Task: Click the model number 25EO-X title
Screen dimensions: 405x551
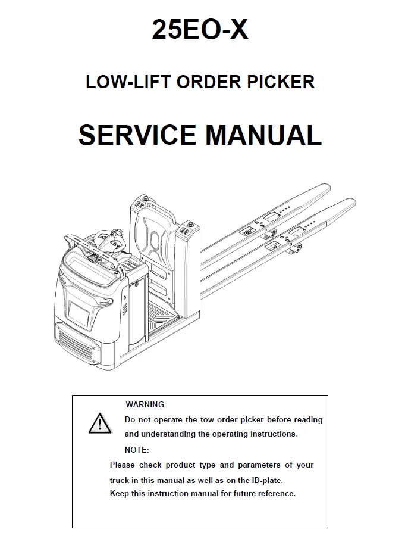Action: click(x=200, y=30)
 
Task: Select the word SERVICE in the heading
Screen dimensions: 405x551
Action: click(x=137, y=135)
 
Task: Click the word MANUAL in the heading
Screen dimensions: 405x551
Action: click(x=263, y=135)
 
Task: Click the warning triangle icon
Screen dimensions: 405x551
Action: click(x=100, y=424)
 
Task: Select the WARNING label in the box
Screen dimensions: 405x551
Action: click(x=145, y=404)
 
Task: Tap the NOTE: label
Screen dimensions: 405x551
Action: click(x=137, y=450)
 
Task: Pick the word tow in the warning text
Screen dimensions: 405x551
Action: click(x=207, y=419)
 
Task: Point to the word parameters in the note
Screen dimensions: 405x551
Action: click(x=259, y=465)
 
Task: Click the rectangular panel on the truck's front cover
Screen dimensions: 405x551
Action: click(x=79, y=313)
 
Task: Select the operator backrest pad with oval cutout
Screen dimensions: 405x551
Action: click(x=155, y=236)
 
